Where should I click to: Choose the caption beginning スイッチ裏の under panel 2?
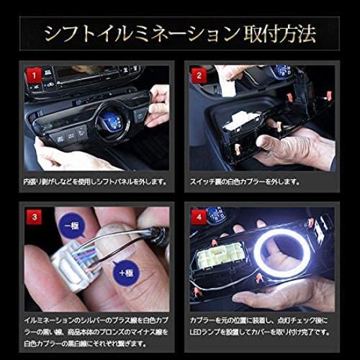coord(245,180)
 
